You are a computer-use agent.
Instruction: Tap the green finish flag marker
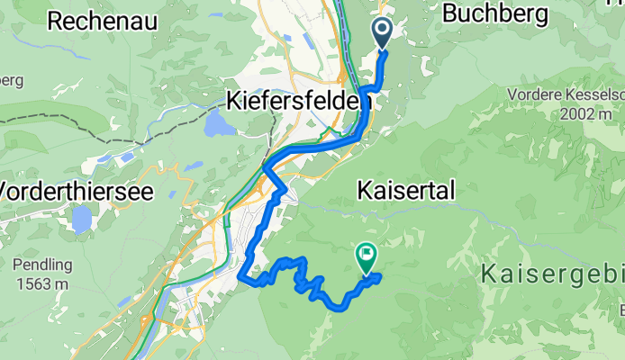point(367,257)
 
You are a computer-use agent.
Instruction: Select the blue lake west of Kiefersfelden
point(219,123)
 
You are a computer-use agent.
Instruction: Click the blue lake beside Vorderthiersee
point(82,219)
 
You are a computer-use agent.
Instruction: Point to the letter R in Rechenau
point(54,22)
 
